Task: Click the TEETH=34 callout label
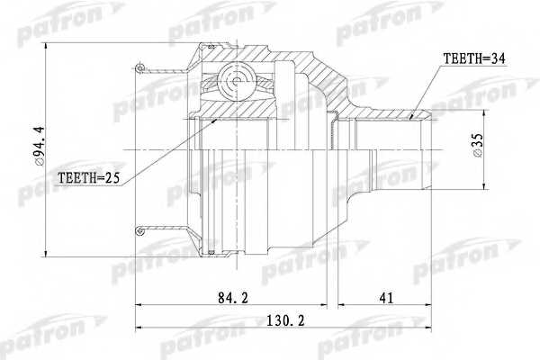tap(474, 58)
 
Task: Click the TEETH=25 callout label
tap(88, 178)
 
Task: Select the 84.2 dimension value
tap(233, 298)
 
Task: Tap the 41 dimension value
tap(386, 298)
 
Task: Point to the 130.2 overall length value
tap(286, 321)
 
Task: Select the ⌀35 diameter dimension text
tap(478, 146)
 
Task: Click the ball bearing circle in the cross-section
tap(236, 82)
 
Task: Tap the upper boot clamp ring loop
tap(139, 67)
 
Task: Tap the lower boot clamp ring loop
tap(139, 230)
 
